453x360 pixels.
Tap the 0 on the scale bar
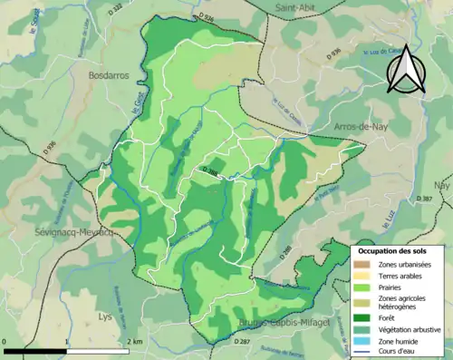[5, 341]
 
